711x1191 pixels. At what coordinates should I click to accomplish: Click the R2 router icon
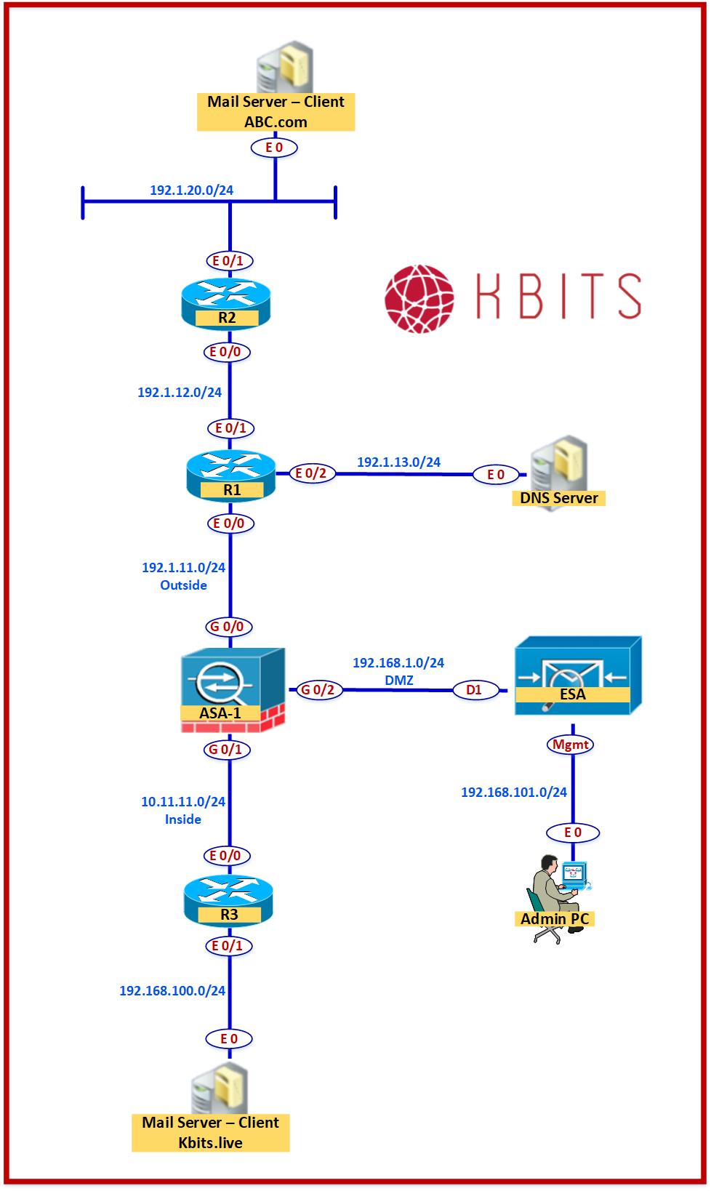point(226,304)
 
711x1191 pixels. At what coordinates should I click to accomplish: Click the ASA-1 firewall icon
point(232,688)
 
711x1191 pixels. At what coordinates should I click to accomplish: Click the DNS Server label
point(559,498)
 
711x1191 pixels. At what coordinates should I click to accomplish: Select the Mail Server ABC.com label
point(276,111)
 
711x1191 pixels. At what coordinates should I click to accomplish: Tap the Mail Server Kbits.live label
point(210,1132)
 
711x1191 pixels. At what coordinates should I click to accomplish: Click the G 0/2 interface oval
point(318,689)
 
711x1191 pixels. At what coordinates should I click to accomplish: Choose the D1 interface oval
point(474,689)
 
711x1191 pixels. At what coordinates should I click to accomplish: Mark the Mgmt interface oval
point(571,744)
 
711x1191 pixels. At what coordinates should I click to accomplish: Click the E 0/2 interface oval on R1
point(312,473)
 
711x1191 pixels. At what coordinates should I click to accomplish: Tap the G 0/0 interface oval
point(227,626)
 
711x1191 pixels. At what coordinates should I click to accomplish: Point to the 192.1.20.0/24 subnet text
point(191,191)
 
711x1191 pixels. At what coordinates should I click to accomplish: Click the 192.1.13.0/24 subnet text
point(398,462)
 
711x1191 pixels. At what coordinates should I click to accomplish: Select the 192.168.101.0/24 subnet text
point(514,792)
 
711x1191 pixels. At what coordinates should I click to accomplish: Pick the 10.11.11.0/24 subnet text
point(183,801)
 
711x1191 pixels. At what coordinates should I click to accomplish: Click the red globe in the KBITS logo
point(419,297)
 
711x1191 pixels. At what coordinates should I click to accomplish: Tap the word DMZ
point(398,679)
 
